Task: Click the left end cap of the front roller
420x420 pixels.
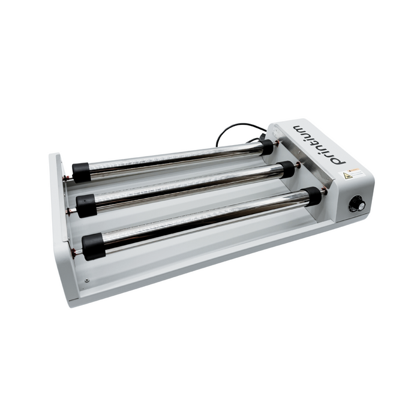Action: (92, 246)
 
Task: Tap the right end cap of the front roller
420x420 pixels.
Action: (312, 196)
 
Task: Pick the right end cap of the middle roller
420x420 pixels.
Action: (287, 169)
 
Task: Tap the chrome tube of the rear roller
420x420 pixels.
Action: (174, 158)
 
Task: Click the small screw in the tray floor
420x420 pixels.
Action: (87, 280)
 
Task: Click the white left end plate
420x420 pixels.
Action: (60, 180)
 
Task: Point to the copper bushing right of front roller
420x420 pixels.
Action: (325, 193)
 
